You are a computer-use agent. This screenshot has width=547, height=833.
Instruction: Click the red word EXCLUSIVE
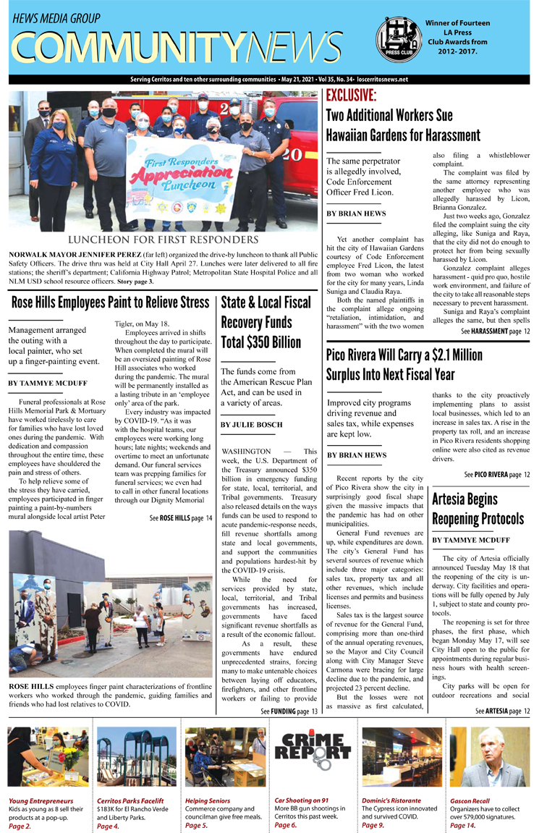click(351, 96)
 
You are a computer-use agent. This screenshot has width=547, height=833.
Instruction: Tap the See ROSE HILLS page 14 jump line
click(181, 518)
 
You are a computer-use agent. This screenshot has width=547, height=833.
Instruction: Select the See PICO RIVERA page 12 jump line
click(497, 475)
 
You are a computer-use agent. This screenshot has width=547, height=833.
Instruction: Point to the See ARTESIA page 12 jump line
click(503, 711)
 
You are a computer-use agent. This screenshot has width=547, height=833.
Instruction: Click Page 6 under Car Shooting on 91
click(286, 825)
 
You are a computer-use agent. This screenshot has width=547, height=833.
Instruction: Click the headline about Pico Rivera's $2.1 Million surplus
click(404, 365)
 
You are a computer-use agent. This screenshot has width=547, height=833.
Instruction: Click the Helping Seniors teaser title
click(207, 801)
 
